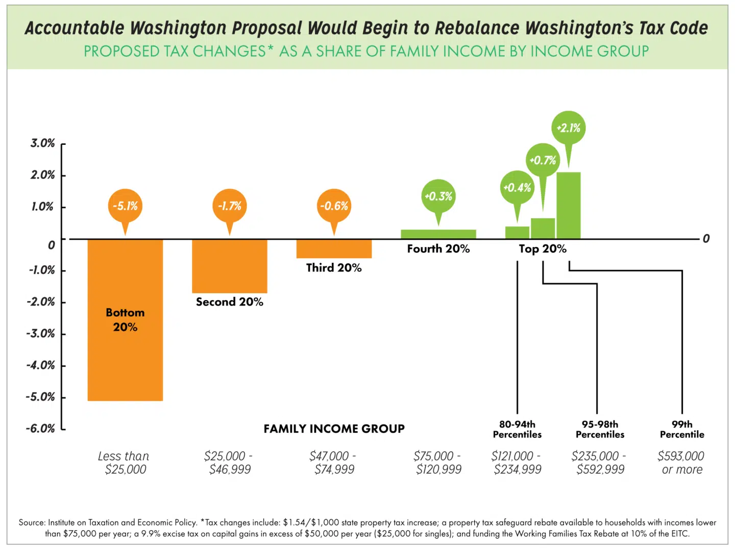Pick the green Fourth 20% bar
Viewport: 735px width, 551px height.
pyautogui.click(x=438, y=234)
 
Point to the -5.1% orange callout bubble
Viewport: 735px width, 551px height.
pyautogui.click(x=125, y=206)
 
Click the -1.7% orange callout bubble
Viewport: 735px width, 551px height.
pyautogui.click(x=229, y=206)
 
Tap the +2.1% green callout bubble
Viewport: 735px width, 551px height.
pyautogui.click(x=568, y=128)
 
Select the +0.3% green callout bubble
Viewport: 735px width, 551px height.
pyautogui.click(x=438, y=196)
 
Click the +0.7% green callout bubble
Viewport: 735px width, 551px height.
pyautogui.click(x=543, y=160)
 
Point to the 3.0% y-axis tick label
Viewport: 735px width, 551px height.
pyautogui.click(x=42, y=143)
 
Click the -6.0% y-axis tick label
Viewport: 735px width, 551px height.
pyautogui.click(x=40, y=429)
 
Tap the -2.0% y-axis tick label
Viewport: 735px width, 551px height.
pyautogui.click(x=40, y=302)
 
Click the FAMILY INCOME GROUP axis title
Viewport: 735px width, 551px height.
pyautogui.click(x=334, y=429)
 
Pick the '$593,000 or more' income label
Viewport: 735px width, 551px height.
pyautogui.click(x=681, y=463)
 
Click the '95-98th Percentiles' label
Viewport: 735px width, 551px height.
pyautogui.click(x=600, y=430)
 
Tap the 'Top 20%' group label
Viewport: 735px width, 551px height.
pyautogui.click(x=543, y=249)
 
